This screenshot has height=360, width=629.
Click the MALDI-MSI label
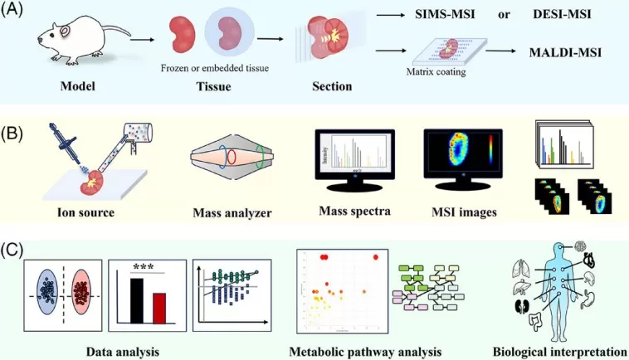[565, 52]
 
